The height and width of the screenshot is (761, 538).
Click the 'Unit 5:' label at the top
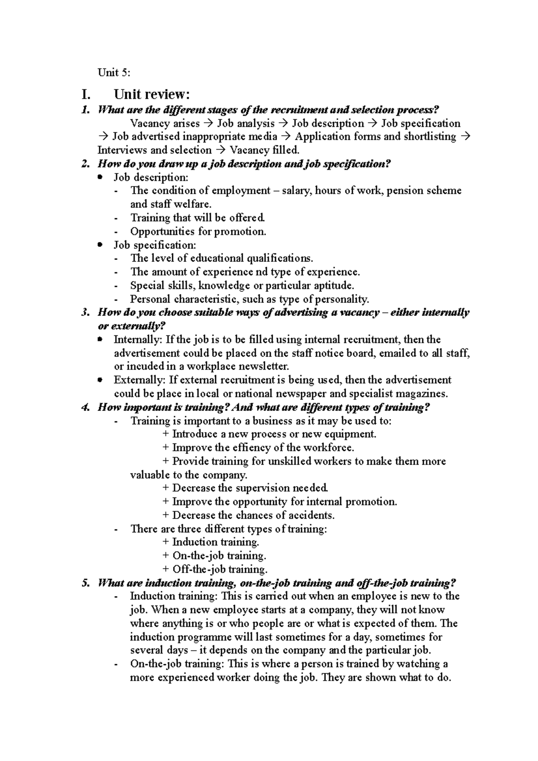tap(114, 73)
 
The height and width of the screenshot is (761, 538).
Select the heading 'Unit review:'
tap(152, 95)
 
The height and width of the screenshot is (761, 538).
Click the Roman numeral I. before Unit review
tap(86, 95)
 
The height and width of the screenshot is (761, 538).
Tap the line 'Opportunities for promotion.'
tap(198, 232)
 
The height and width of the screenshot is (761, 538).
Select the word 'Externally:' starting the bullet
tap(140, 380)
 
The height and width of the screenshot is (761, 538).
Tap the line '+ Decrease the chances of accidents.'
tap(249, 515)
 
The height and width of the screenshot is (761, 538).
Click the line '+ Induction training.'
tap(211, 542)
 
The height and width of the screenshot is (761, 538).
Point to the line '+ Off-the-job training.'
tap(215, 570)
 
